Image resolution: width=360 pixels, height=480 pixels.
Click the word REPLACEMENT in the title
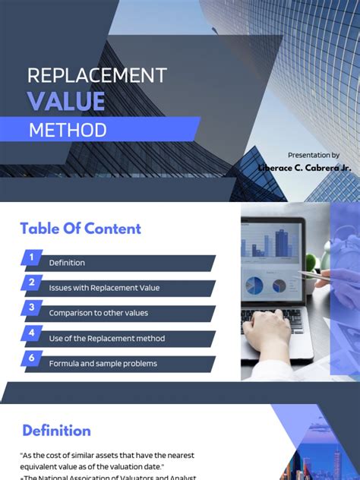(x=96, y=75)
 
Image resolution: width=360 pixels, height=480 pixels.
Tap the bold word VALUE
(x=66, y=101)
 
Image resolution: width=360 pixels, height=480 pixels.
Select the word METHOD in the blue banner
(x=68, y=130)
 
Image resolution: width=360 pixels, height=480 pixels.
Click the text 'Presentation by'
(x=314, y=155)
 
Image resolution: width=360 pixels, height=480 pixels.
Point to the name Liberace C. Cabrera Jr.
(x=304, y=167)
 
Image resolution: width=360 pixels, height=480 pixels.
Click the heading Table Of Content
(x=81, y=229)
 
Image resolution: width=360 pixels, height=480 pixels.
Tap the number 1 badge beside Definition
(x=31, y=257)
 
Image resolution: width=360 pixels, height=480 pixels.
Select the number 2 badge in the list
(x=31, y=283)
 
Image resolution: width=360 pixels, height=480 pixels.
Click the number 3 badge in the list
(x=31, y=308)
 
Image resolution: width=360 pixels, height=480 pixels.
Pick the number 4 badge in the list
(x=31, y=333)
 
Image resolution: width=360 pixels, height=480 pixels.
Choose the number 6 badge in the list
(x=31, y=358)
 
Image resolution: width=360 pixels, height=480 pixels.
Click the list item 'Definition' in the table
(x=67, y=263)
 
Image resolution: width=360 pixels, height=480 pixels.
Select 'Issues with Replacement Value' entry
(x=104, y=288)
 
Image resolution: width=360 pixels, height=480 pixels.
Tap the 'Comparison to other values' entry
(x=98, y=313)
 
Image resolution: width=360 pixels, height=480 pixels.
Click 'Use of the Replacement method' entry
(x=106, y=338)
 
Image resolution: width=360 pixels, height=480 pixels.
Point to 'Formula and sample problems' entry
(x=103, y=363)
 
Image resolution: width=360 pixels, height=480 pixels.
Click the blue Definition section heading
(x=56, y=431)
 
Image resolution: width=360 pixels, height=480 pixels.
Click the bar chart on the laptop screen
(x=266, y=243)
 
